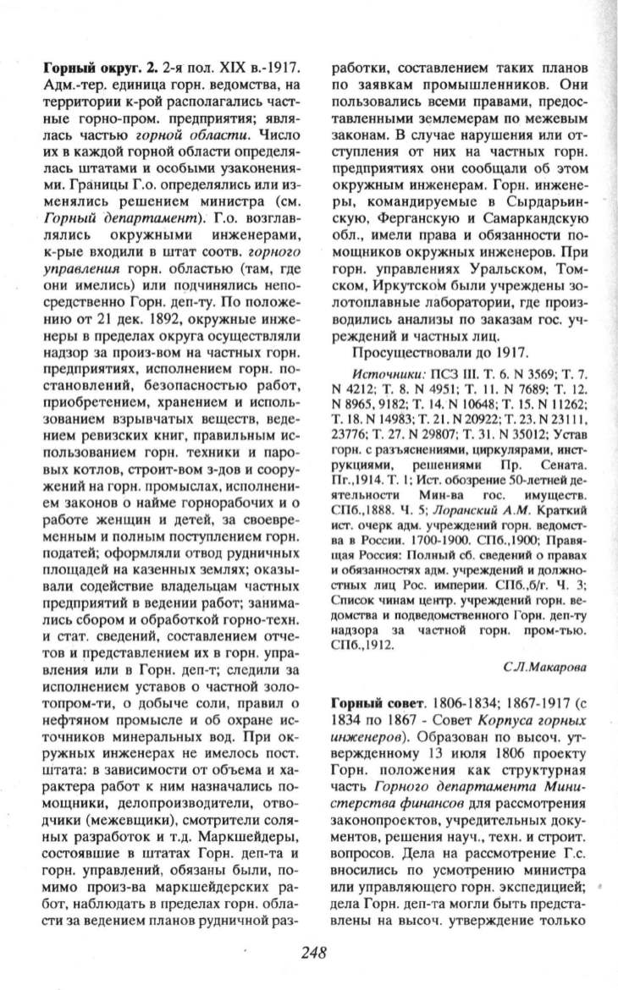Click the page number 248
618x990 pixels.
[313, 953]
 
